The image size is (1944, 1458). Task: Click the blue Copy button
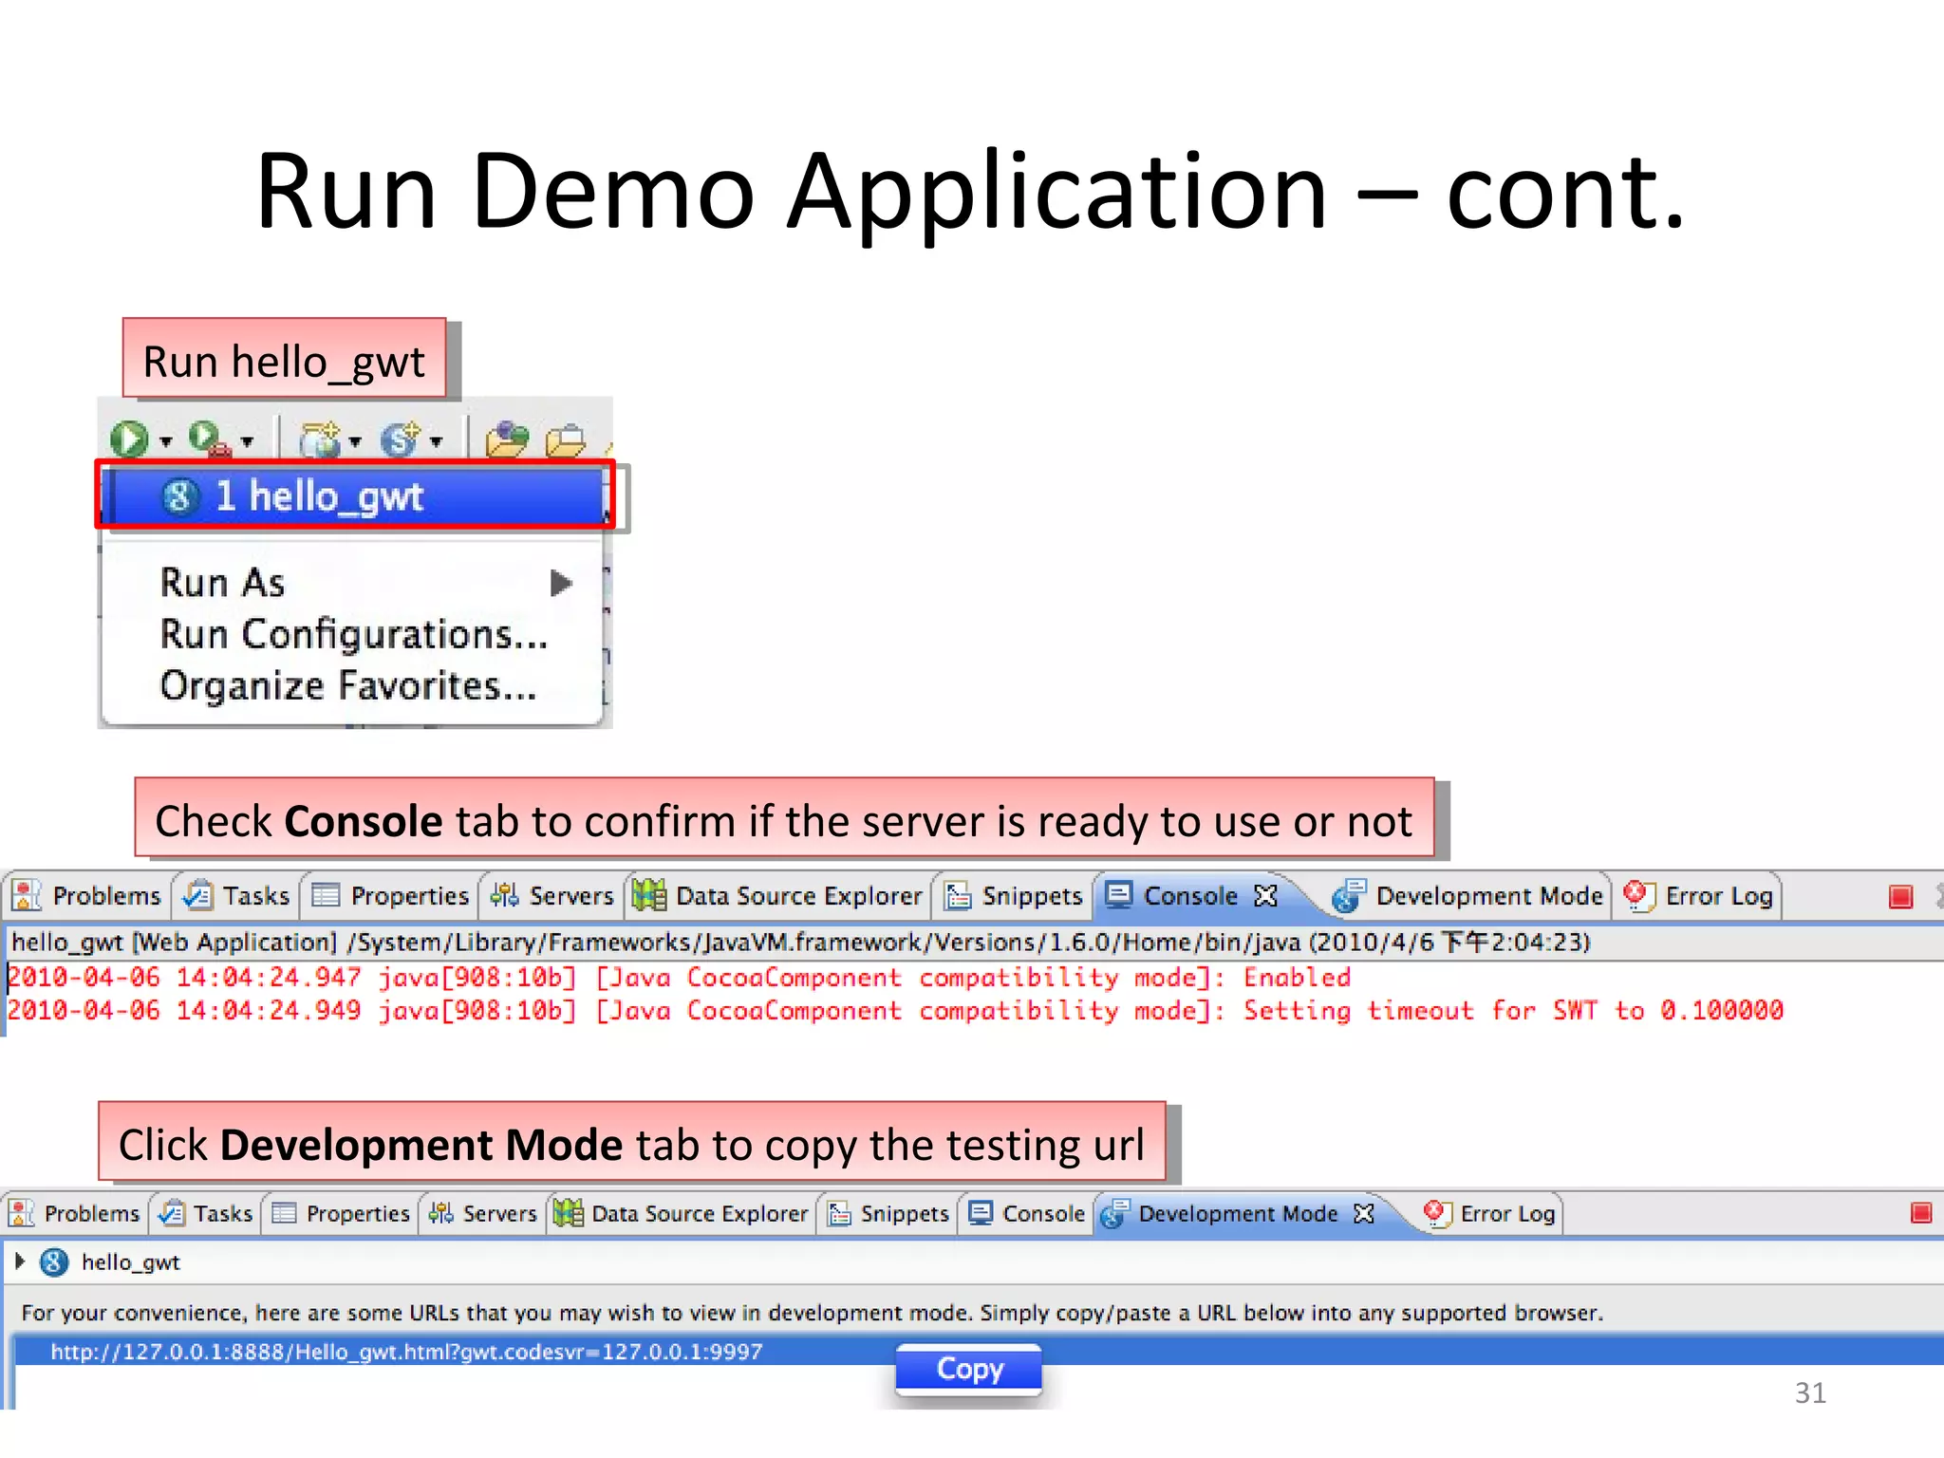pyautogui.click(x=968, y=1369)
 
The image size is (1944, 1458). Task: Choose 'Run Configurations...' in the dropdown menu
pyautogui.click(x=353, y=634)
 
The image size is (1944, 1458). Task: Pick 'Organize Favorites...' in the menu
pyautogui.click(x=347, y=685)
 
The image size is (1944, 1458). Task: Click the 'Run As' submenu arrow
pyautogui.click(x=561, y=582)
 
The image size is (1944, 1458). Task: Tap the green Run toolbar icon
pyautogui.click(x=129, y=439)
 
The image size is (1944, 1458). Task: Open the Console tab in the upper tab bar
pyautogui.click(x=1189, y=896)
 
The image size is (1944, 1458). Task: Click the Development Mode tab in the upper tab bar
pyautogui.click(x=1487, y=896)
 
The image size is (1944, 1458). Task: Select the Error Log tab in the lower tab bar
pyautogui.click(x=1506, y=1213)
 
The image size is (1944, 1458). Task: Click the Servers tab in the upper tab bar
pyautogui.click(x=570, y=896)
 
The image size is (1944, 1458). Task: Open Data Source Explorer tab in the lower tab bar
pyautogui.click(x=699, y=1213)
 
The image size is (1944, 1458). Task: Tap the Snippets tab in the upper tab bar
pyautogui.click(x=1031, y=896)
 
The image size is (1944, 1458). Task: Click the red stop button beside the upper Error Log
pyautogui.click(x=1900, y=896)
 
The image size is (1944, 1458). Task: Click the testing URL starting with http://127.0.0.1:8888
pyautogui.click(x=406, y=1352)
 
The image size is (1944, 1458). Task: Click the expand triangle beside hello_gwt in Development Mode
pyautogui.click(x=20, y=1262)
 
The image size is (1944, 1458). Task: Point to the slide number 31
pyautogui.click(x=1809, y=1393)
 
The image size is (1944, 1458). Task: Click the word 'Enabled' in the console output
pyautogui.click(x=1297, y=978)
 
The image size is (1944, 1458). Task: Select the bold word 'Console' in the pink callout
pyautogui.click(x=364, y=821)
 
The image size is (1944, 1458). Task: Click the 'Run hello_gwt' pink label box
pyautogui.click(x=284, y=361)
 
